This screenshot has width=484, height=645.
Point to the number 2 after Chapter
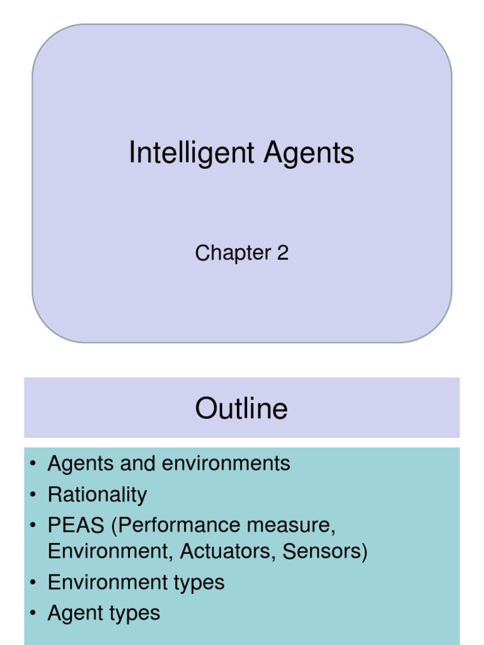[282, 253]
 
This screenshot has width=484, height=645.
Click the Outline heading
[241, 408]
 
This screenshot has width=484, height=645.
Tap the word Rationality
[97, 494]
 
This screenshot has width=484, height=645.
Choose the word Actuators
[228, 551]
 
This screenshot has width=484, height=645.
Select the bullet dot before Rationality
[32, 495]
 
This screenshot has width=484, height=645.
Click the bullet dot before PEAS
[32, 526]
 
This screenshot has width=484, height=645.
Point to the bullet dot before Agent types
[32, 614]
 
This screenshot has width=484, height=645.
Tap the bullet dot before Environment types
[32, 583]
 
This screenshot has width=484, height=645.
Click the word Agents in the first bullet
[80, 464]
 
